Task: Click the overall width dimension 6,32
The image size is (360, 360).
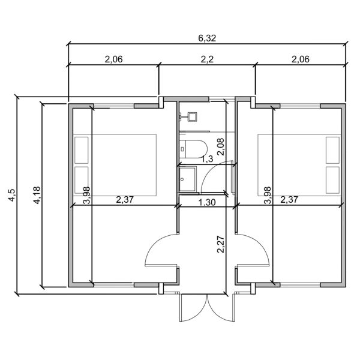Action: [x=207, y=38]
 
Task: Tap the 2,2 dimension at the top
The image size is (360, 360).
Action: [x=207, y=59]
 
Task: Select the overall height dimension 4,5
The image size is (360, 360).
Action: [x=11, y=195]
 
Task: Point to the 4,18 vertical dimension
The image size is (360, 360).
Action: [x=37, y=195]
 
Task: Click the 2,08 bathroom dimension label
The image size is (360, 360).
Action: [x=220, y=147]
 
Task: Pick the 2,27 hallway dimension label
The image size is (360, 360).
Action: [x=221, y=245]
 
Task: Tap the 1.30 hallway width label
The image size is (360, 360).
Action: [x=207, y=203]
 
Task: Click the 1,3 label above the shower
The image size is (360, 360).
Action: [x=207, y=158]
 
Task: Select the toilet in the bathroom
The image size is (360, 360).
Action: [x=193, y=149]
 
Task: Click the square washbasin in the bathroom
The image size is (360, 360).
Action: [x=192, y=116]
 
